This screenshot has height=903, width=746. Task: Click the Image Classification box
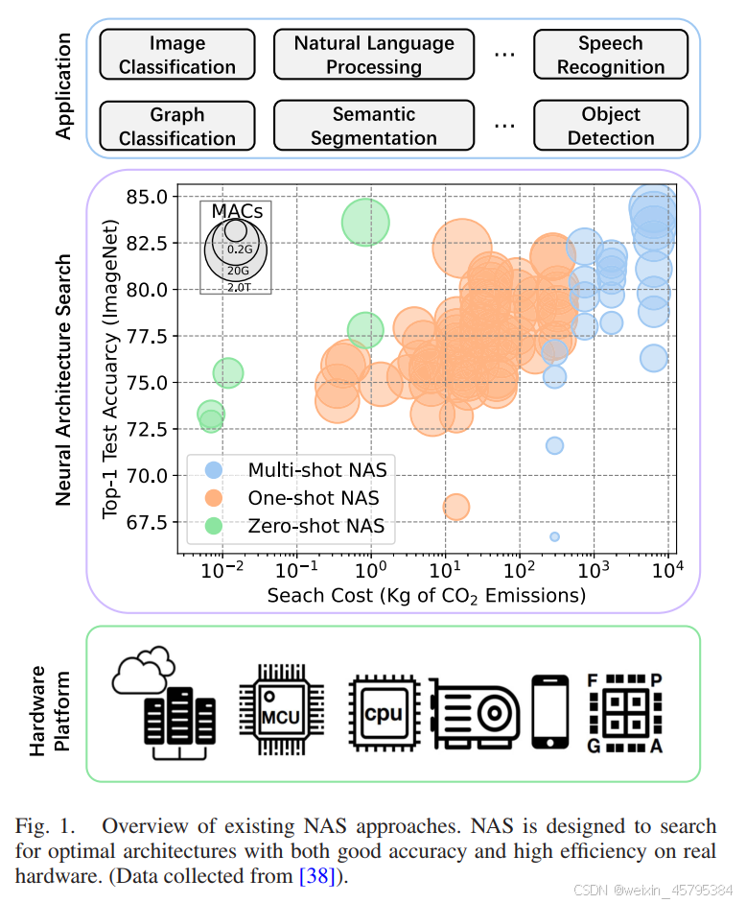[177, 55]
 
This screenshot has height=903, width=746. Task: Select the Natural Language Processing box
[374, 55]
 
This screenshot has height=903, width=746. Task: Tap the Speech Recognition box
[611, 55]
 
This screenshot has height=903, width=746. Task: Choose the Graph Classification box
[177, 126]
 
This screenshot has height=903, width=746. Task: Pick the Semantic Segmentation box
[374, 126]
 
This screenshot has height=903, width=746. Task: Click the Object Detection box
[611, 126]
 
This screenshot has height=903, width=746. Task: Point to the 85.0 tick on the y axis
[147, 197]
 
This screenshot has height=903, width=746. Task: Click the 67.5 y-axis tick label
[147, 522]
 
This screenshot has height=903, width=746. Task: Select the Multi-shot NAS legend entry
[317, 470]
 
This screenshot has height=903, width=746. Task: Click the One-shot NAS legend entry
[313, 498]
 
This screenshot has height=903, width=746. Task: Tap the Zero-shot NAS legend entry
[315, 526]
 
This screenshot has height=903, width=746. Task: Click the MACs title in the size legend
[236, 211]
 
